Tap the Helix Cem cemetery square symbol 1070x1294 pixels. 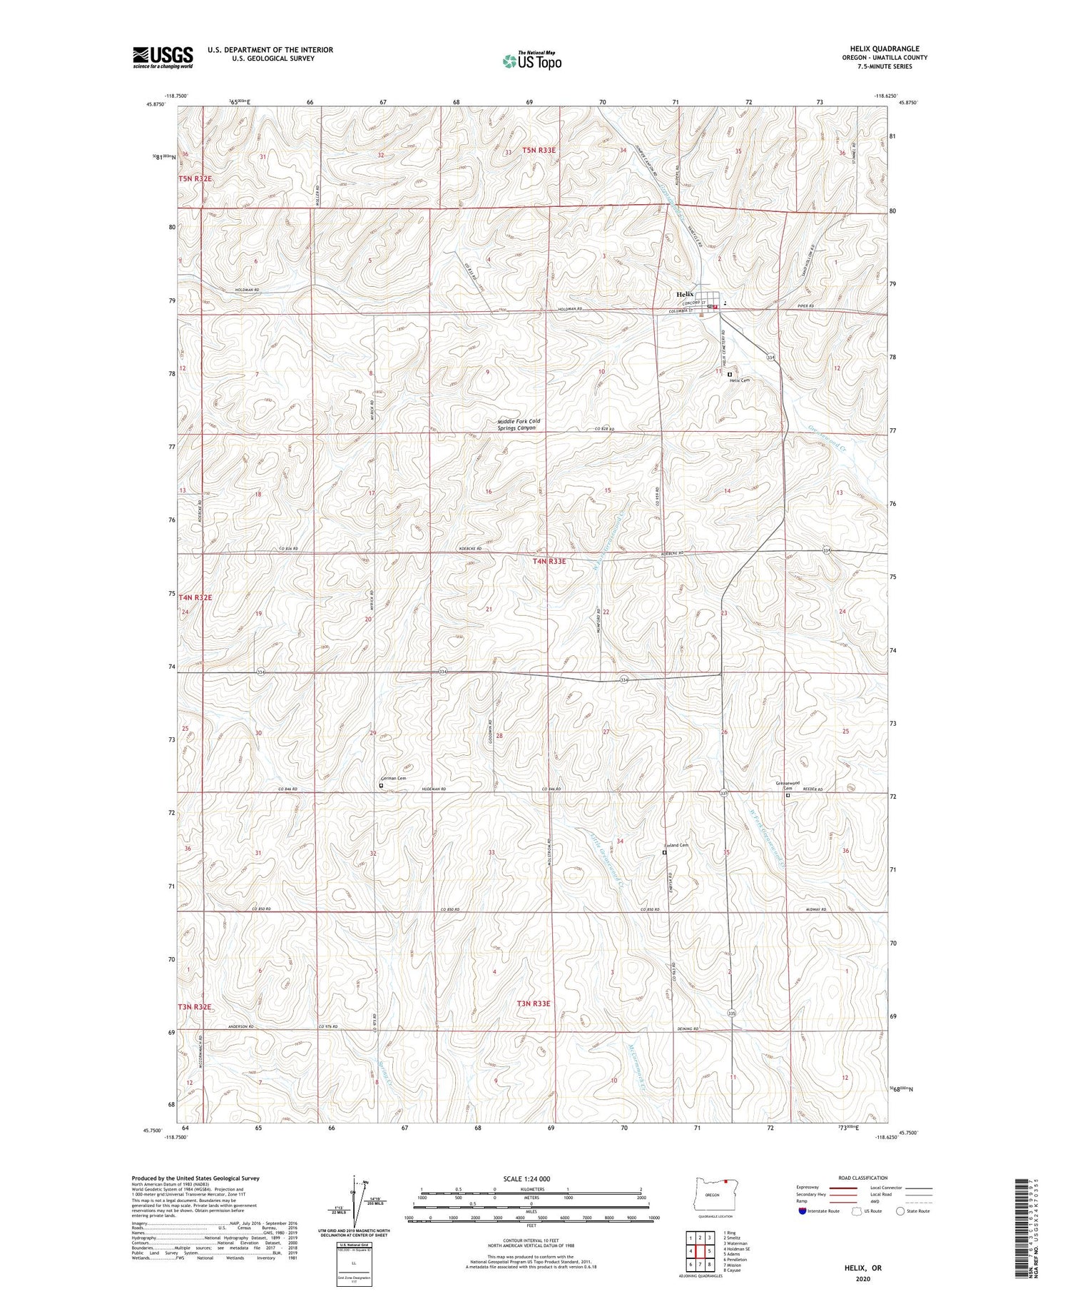(730, 374)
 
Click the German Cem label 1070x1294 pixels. (394, 779)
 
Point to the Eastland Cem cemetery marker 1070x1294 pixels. (664, 852)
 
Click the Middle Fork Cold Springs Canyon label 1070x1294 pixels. (519, 425)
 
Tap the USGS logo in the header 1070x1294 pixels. (163, 57)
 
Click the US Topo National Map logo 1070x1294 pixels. (531, 60)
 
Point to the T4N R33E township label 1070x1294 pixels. (549, 562)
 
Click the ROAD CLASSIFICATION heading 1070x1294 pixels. (863, 1178)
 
